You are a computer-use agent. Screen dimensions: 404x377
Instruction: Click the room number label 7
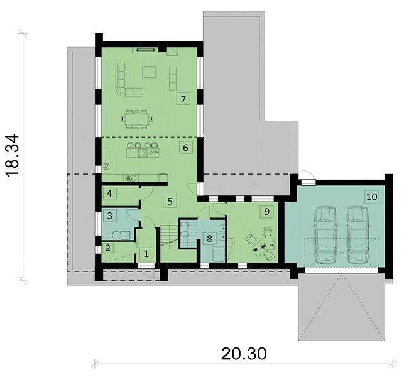[183, 99]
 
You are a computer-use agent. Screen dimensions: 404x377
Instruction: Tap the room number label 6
[185, 148]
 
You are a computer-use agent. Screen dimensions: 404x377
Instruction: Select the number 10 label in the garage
[372, 197]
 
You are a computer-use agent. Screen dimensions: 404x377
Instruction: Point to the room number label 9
[266, 212]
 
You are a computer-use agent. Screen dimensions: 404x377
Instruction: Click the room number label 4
[109, 194]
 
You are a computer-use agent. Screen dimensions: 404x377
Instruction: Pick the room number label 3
[110, 216]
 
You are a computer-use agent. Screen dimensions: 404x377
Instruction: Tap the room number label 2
[108, 248]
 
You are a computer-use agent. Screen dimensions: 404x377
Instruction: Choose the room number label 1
[146, 254]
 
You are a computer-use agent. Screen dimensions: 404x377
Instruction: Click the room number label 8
[209, 238]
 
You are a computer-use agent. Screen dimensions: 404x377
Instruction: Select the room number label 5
[170, 201]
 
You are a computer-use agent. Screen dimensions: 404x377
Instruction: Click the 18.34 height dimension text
[12, 156]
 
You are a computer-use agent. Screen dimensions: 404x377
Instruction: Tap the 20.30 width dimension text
[244, 354]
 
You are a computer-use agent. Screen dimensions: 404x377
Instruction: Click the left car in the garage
[325, 234]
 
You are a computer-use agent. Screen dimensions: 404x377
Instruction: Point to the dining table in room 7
[137, 119]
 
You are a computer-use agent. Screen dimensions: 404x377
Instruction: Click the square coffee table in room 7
[149, 72]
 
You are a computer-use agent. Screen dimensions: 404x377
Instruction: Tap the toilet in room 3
[116, 235]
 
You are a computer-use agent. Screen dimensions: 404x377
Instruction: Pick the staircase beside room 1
[169, 238]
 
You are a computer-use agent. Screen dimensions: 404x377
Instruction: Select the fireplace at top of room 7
[145, 50]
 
